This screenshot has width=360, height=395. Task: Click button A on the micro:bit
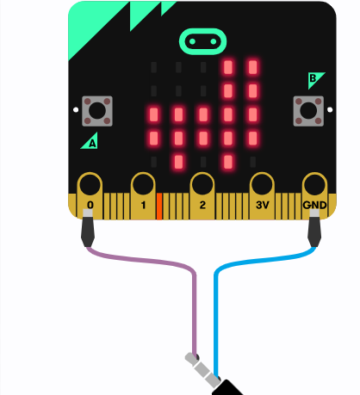pos(97,111)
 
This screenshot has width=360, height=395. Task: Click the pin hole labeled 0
pos(90,184)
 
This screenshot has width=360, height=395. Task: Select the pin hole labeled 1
pos(143,184)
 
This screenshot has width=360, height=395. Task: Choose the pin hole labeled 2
pos(202,184)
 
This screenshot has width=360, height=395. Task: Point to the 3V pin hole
pos(262,184)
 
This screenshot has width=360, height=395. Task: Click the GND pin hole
pos(315,184)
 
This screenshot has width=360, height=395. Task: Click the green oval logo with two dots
pos(202,41)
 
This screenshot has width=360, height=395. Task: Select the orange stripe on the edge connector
pos(159,207)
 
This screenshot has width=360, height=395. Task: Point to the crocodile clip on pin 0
pos(88,228)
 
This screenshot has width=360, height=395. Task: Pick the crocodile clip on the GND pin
pos(314,228)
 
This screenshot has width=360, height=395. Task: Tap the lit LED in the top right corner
pos(253,67)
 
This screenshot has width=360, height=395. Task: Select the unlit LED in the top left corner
pos(154,67)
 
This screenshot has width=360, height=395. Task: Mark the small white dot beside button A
pos(76,109)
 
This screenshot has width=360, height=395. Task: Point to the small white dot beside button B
pos(330,109)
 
